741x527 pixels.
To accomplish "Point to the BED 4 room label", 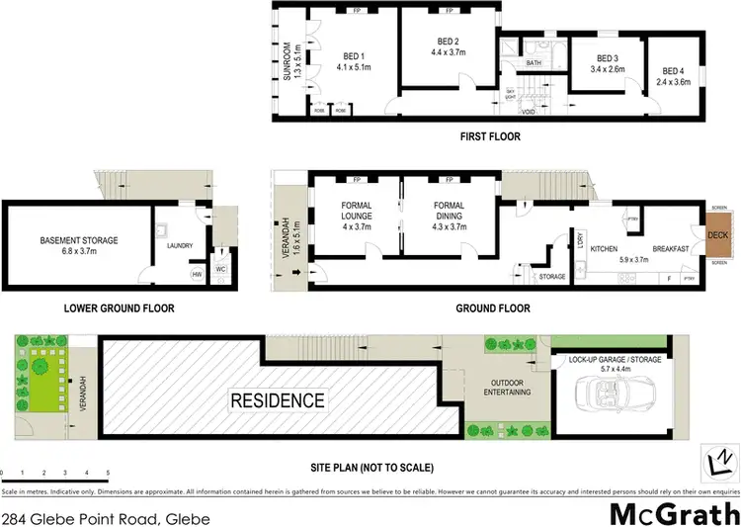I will click(672, 71).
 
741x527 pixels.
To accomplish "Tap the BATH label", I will click(534, 63).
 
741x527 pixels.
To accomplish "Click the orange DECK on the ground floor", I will click(718, 234).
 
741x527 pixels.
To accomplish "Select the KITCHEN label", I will click(604, 249).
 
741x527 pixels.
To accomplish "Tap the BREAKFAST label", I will click(670, 249).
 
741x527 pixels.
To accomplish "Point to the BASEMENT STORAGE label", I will click(79, 240).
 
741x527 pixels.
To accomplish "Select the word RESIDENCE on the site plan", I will click(277, 400).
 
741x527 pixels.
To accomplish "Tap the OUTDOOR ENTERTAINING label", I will click(504, 388).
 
